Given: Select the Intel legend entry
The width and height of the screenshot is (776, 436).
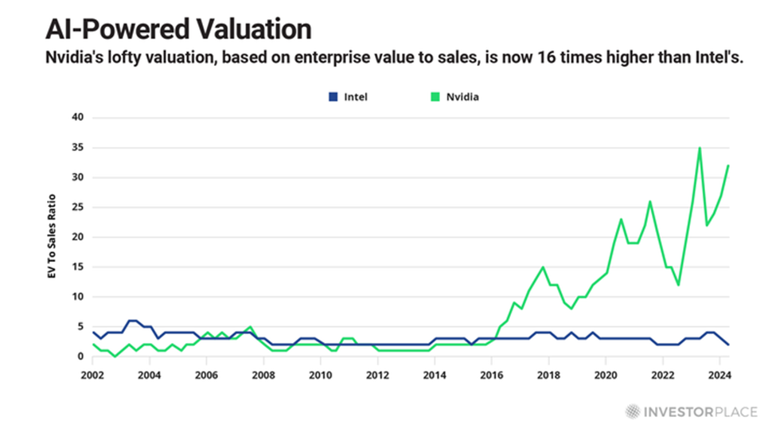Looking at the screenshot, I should (x=349, y=97).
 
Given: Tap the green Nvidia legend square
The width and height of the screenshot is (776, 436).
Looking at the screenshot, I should (x=434, y=97).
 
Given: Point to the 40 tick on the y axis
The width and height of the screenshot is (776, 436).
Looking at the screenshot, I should (x=76, y=118).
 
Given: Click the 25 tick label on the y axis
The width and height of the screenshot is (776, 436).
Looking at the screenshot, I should (x=76, y=207).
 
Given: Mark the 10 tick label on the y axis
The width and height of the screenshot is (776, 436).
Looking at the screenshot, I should (x=76, y=297).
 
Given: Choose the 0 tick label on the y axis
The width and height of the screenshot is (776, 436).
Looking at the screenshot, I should (x=80, y=356).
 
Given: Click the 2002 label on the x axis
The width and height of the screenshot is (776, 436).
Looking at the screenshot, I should (x=92, y=374).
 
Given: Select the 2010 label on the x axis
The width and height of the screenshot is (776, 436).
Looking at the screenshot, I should (x=320, y=374).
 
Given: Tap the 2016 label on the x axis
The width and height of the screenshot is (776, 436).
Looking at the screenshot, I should (x=491, y=374).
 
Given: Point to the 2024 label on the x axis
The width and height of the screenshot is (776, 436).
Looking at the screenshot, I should (x=719, y=374).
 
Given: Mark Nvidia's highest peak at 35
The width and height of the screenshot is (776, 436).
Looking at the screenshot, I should (x=700, y=148).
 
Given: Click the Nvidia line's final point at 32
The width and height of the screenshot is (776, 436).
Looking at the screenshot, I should (x=728, y=165).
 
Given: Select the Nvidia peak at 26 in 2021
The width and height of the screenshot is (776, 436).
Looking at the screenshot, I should (x=649, y=201).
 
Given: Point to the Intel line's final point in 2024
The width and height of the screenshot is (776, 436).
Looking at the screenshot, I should (x=728, y=345).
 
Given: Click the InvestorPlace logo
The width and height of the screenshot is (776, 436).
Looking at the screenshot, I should (x=688, y=411).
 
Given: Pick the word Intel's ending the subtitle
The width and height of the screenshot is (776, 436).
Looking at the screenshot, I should (x=716, y=58).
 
